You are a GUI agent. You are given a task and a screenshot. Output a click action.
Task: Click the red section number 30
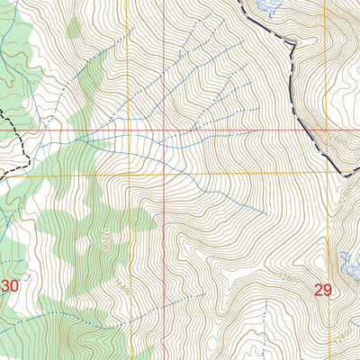(10, 286)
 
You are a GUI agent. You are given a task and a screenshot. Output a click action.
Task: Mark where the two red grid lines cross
(165, 131)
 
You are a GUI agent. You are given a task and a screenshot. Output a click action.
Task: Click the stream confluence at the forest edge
(76, 139)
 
